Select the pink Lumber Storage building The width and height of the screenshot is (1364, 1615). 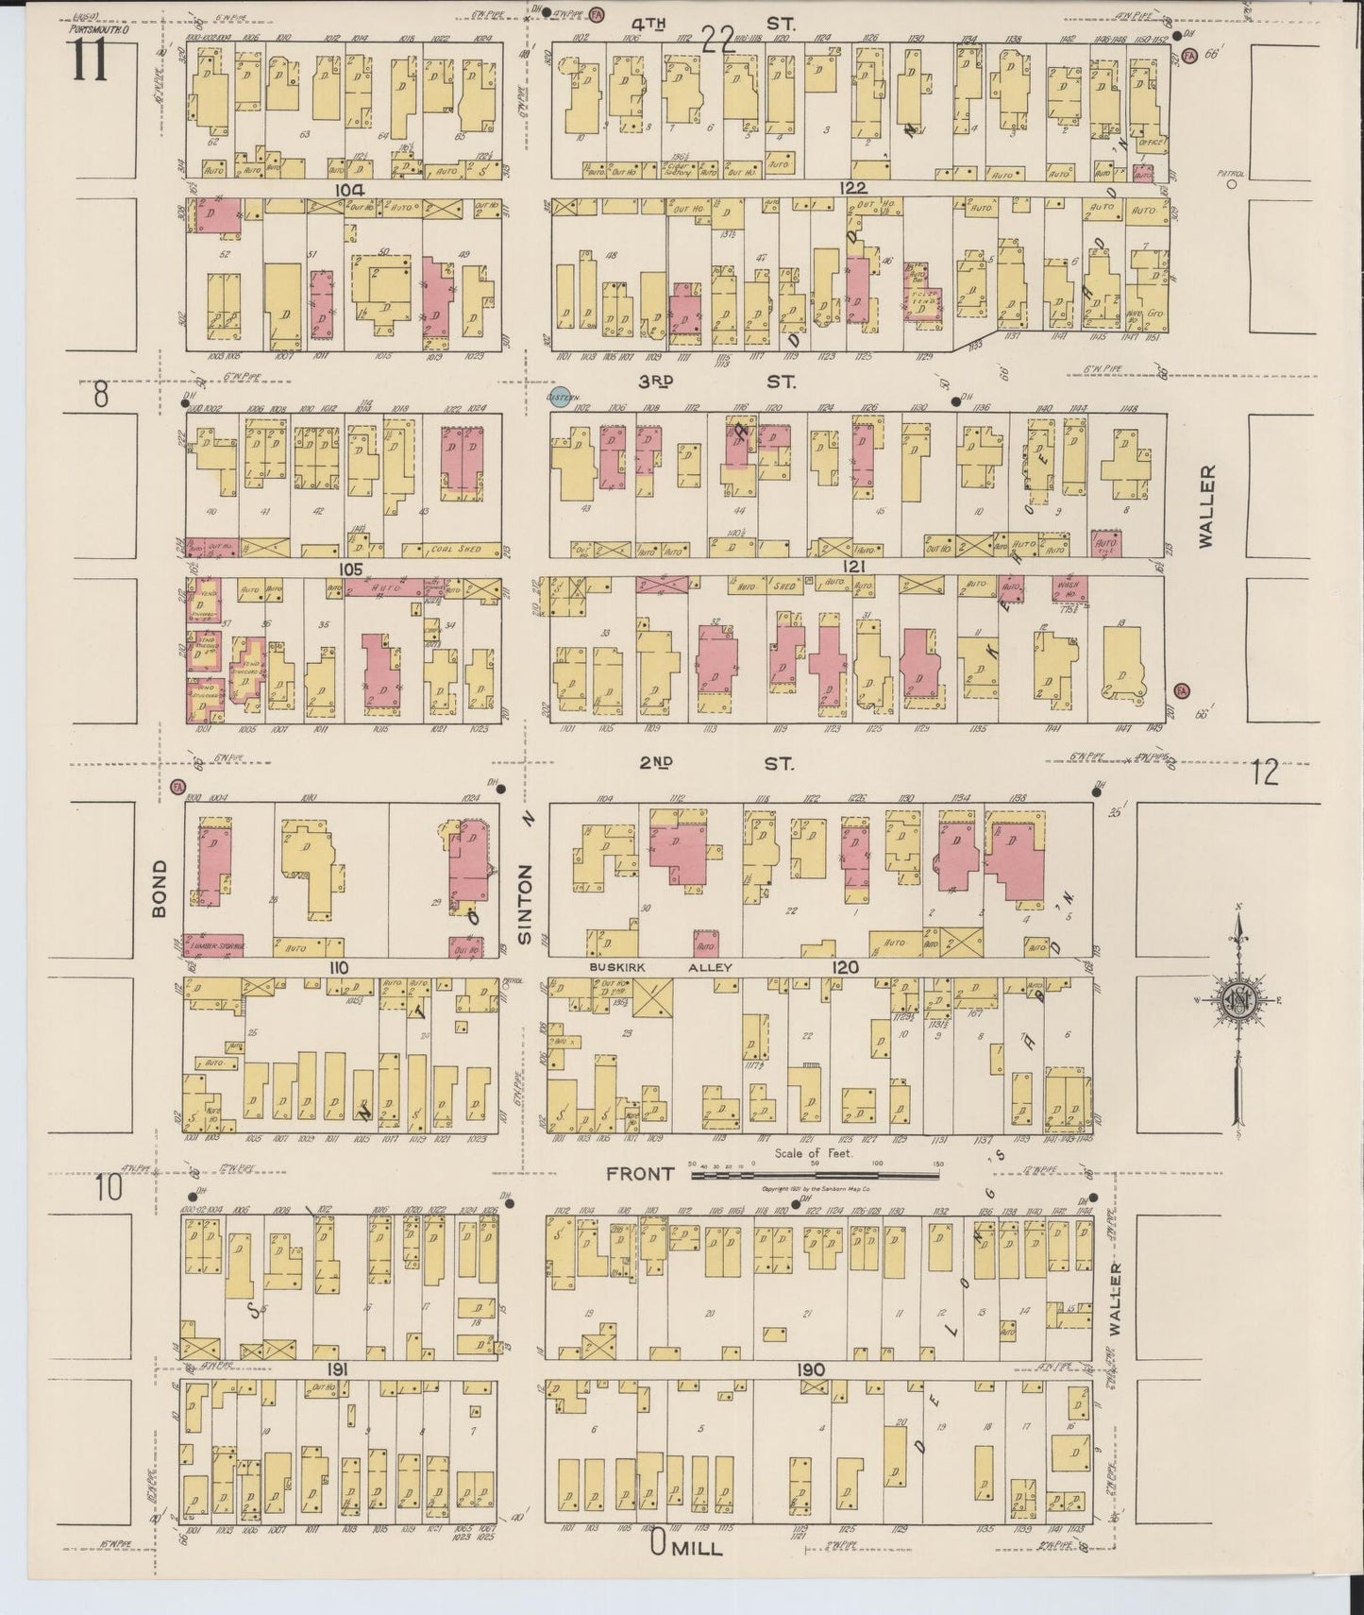click(216, 943)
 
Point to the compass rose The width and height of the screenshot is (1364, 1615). click(1236, 1001)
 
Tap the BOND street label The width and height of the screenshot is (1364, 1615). click(160, 888)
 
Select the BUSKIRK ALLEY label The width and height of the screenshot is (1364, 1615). click(660, 967)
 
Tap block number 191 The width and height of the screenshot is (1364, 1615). click(341, 1369)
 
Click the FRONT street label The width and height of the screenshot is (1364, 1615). click(641, 1174)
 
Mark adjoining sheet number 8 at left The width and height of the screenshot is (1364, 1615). click(101, 395)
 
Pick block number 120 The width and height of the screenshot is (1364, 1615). click(845, 967)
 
